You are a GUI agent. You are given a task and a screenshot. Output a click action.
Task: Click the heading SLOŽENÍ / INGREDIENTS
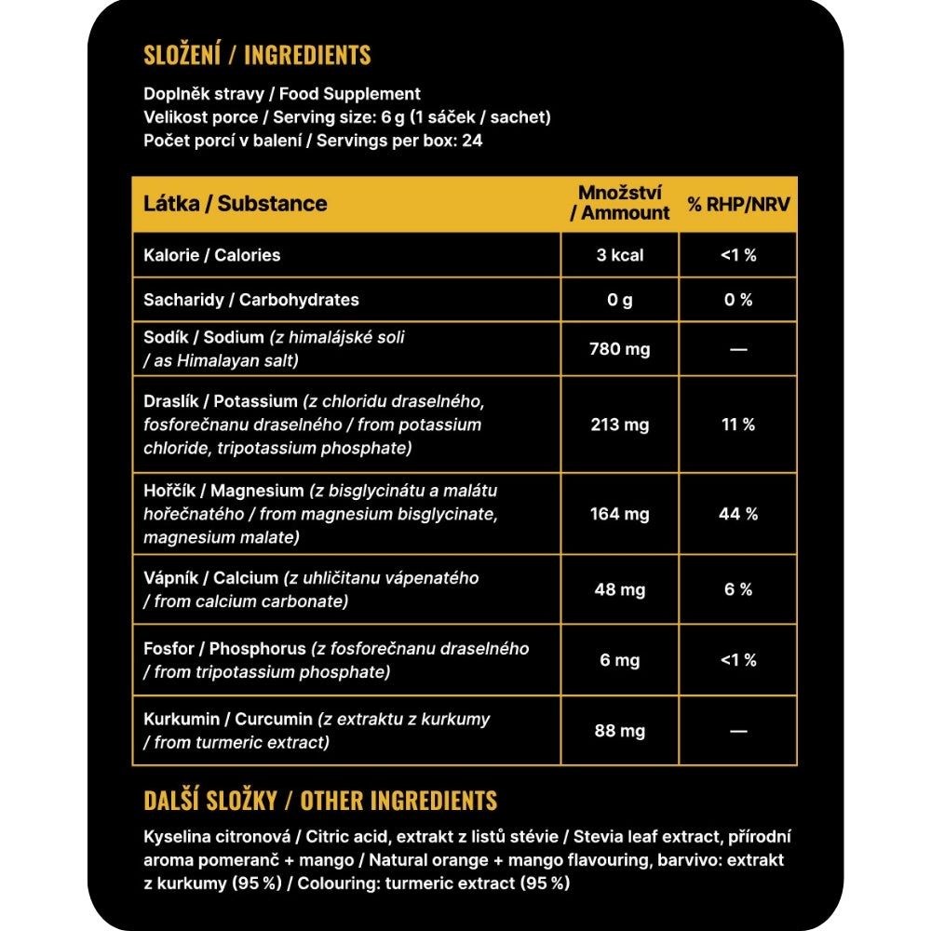click(x=257, y=55)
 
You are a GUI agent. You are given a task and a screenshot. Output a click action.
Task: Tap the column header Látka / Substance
click(x=235, y=204)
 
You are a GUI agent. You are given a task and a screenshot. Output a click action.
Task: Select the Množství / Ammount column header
click(x=620, y=203)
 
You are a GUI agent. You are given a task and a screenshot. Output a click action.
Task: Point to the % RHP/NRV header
click(x=738, y=204)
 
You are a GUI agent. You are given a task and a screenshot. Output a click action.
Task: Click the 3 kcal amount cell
click(x=620, y=255)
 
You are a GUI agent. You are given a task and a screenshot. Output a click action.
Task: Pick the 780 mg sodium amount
click(x=620, y=349)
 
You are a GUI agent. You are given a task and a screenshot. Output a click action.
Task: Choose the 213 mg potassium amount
click(x=620, y=425)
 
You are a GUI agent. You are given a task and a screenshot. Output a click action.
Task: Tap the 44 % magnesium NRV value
click(x=738, y=514)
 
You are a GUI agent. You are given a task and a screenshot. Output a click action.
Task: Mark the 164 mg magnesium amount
click(x=620, y=514)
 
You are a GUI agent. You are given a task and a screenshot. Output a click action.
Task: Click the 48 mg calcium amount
click(x=620, y=589)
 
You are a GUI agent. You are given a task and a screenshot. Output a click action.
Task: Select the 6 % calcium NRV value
click(x=738, y=589)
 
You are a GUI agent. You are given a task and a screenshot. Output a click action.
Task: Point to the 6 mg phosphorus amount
click(x=620, y=660)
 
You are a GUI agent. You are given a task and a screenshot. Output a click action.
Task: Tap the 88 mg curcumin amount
click(x=620, y=731)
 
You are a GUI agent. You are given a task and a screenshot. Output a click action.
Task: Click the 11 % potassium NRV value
click(x=738, y=425)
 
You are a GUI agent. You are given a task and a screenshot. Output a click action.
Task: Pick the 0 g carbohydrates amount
click(x=620, y=300)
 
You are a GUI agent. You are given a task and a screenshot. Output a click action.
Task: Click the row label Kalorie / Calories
click(x=211, y=255)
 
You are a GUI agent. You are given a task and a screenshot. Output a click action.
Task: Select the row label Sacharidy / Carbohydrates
click(x=250, y=300)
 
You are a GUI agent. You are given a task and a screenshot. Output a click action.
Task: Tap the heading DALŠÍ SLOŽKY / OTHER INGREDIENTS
click(x=320, y=801)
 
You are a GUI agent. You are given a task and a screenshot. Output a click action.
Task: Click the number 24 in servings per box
click(x=472, y=142)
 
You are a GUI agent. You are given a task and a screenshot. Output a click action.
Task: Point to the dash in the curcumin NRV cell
click(x=738, y=732)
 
